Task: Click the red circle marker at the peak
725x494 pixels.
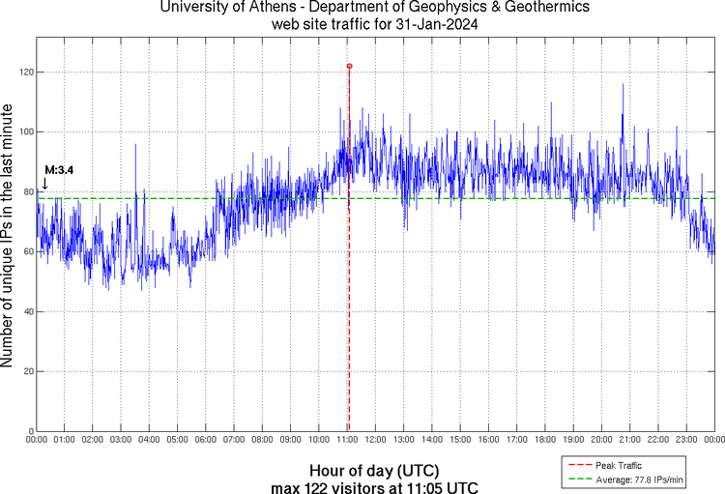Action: [x=349, y=66]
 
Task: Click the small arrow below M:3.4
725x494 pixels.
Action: [x=44, y=183]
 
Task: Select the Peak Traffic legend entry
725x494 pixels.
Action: [x=619, y=466]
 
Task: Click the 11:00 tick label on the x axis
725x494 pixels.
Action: [x=348, y=440]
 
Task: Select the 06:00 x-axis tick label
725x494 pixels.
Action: [x=205, y=440]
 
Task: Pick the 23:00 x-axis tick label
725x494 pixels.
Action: [x=686, y=440]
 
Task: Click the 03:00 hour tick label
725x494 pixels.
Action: [x=121, y=440]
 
